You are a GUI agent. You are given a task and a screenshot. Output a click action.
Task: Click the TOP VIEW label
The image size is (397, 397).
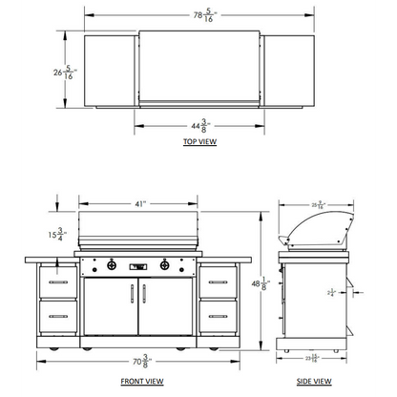[x=198, y=142]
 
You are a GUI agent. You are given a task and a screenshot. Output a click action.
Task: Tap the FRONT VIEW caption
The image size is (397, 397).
[x=139, y=381]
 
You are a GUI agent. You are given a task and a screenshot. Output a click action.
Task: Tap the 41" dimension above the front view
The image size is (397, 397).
[x=139, y=203]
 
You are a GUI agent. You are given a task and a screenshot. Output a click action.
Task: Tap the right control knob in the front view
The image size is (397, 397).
[x=167, y=265]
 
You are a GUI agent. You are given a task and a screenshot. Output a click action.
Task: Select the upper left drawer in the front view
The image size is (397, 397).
[x=58, y=283]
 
